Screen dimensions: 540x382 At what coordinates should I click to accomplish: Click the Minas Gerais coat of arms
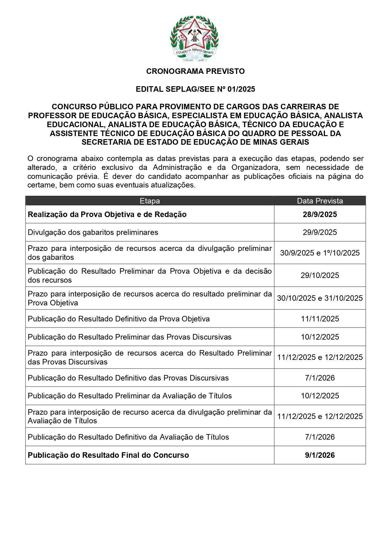tap(194, 38)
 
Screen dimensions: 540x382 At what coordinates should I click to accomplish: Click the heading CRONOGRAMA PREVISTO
tap(195, 71)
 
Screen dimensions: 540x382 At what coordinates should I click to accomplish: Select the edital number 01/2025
tap(241, 89)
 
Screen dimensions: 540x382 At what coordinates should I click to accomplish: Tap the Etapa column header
tap(150, 201)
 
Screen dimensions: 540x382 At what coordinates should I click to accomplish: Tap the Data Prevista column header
tap(320, 201)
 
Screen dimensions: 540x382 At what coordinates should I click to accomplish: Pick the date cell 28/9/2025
tap(320, 214)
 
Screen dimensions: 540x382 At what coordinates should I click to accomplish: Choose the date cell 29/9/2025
tap(320, 232)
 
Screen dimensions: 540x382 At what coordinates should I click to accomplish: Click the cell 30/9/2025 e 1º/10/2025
tap(320, 253)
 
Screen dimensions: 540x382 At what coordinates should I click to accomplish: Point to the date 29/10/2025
tap(320, 275)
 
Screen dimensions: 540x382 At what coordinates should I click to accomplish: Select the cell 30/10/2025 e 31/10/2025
tap(320, 298)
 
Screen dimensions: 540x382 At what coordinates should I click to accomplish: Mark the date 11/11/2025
tap(320, 319)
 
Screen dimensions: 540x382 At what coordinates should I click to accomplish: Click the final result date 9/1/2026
tap(320, 455)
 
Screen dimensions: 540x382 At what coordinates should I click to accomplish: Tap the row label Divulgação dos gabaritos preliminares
tap(93, 232)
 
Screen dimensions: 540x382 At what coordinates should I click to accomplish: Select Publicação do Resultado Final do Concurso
tap(108, 455)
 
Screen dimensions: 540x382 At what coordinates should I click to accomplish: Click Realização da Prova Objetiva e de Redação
tap(107, 214)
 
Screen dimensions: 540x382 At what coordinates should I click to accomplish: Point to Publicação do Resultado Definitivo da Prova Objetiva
tap(119, 319)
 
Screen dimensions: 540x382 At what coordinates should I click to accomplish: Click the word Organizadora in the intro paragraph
tap(255, 167)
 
